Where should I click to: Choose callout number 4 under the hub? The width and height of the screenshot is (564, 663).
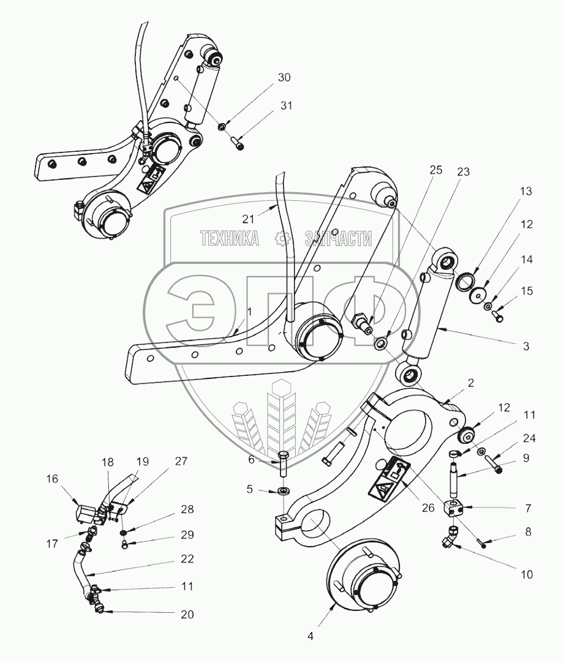(x=310, y=636)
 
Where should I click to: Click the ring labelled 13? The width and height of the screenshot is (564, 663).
(x=467, y=280)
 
